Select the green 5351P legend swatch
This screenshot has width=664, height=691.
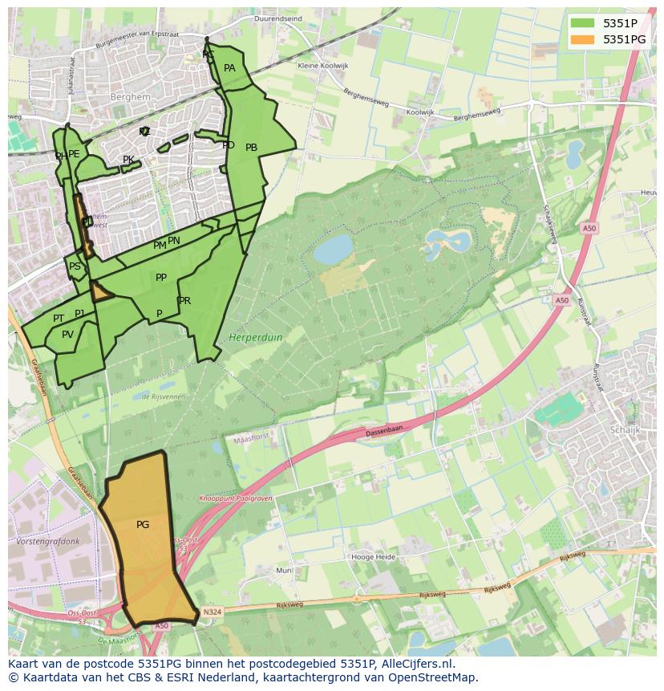583,23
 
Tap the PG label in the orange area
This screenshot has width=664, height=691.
143,525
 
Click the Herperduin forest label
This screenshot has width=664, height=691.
256,338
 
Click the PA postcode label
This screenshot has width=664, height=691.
229,68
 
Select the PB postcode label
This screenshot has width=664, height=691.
251,148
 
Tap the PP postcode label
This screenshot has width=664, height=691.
161,278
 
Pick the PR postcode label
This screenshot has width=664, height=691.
185,301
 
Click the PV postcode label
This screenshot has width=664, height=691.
67,335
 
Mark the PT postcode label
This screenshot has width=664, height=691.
59,319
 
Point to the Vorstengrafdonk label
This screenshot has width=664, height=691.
47,542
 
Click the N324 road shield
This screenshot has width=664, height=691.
212,612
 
